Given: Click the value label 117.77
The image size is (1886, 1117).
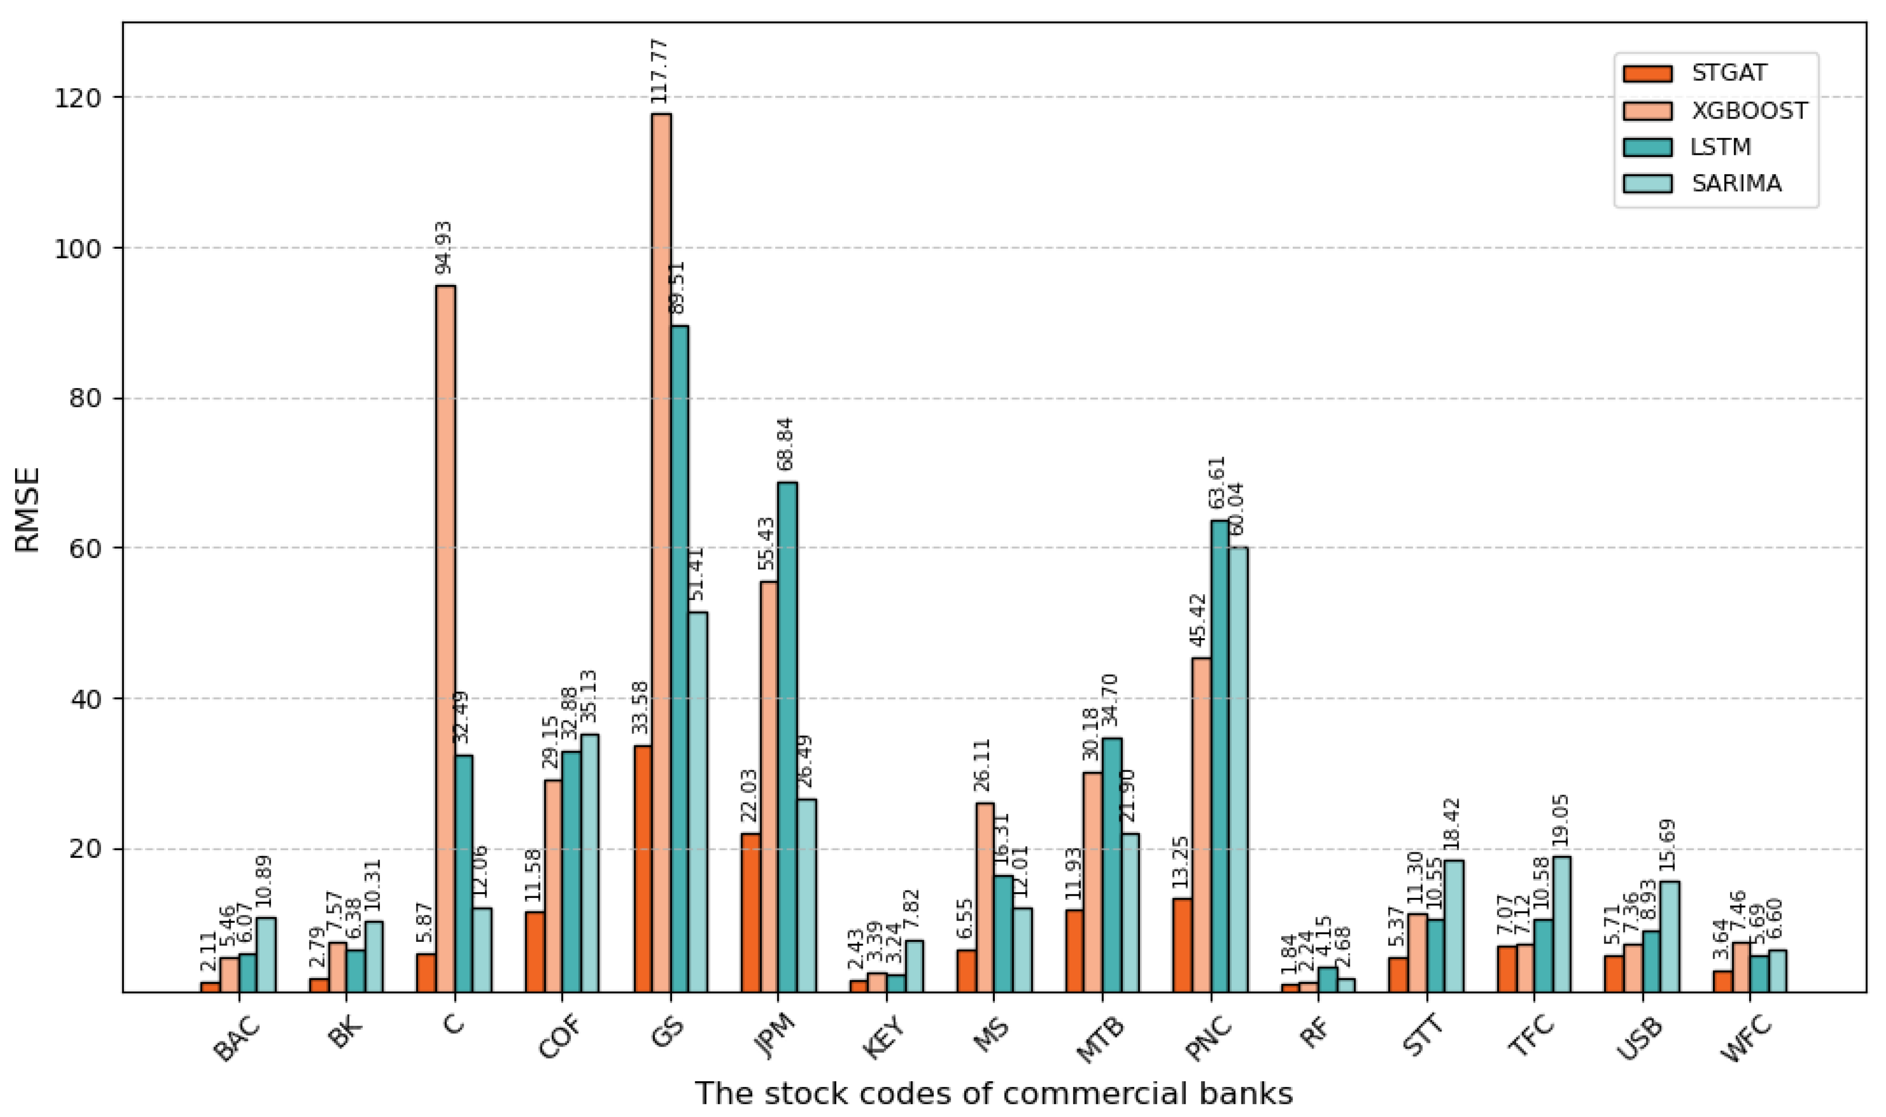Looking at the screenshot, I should tap(660, 71).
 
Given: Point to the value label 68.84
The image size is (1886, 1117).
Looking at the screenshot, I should tap(787, 443).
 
